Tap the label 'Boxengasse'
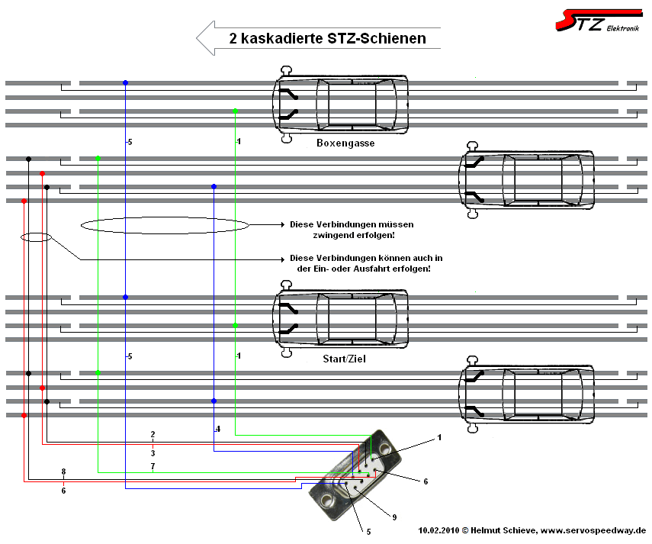[x=345, y=143]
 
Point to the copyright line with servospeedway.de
[x=532, y=530]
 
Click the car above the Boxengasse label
[x=341, y=105]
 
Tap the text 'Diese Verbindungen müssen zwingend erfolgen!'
[x=352, y=230]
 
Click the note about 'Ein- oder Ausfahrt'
[x=366, y=263]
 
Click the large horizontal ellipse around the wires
[x=165, y=225]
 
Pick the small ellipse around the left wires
[x=36, y=237]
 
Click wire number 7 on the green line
[x=153, y=465]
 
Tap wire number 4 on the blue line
[x=218, y=430]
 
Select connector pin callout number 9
[x=394, y=517]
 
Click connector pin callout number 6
[x=426, y=481]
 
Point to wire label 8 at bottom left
[x=63, y=472]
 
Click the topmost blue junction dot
[x=125, y=82]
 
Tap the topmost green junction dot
[x=236, y=111]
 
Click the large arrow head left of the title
[x=207, y=38]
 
